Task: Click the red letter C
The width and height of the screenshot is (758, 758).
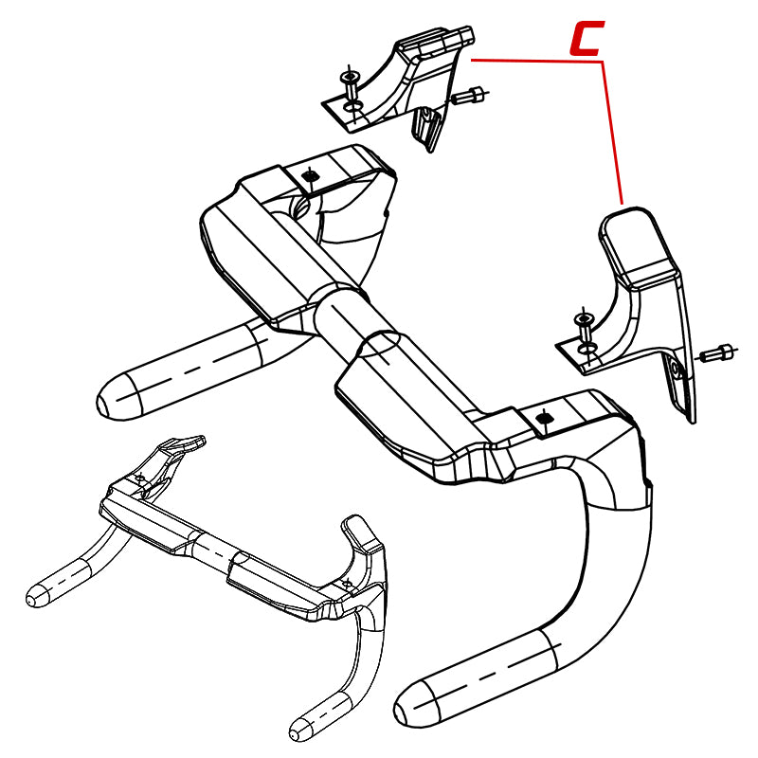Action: pos(586,38)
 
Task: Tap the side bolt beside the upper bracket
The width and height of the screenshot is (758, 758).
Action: pos(468,95)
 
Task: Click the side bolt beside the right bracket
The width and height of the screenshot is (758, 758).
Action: pos(718,353)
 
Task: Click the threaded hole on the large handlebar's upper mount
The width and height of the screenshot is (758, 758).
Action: pos(310,175)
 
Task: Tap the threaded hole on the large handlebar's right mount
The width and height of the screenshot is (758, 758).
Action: pos(544,417)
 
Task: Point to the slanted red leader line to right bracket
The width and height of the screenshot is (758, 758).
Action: pos(612,133)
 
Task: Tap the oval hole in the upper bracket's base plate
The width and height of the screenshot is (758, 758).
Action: pos(352,107)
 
